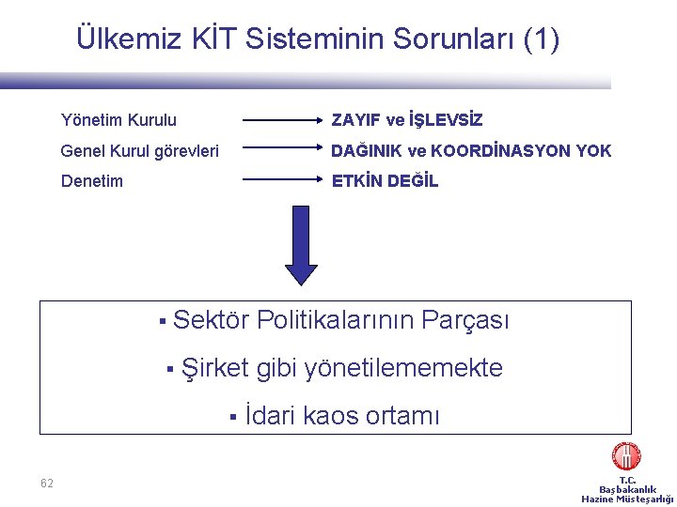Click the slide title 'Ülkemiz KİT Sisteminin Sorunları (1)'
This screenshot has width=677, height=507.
click(x=317, y=39)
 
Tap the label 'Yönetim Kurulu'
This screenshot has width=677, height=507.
click(x=118, y=120)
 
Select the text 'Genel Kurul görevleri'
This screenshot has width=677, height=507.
click(x=139, y=150)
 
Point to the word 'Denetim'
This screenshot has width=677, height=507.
click(x=91, y=181)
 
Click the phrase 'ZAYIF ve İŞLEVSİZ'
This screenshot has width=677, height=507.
click(x=407, y=120)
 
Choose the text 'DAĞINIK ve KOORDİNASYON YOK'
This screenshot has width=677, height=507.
click(x=471, y=150)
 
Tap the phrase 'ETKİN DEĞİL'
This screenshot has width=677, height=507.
click(x=385, y=181)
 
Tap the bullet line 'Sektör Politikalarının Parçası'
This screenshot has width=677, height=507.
click(x=341, y=320)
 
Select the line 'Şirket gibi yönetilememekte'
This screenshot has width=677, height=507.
click(x=342, y=368)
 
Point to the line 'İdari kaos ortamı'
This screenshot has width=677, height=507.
click(x=341, y=415)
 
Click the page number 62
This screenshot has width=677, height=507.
click(x=47, y=484)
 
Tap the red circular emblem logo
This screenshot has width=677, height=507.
click(x=626, y=457)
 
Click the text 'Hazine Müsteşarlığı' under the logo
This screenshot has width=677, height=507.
click(x=627, y=499)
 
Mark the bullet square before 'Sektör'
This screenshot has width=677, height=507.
click(x=162, y=322)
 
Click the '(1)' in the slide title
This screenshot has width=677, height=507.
click(x=541, y=39)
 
